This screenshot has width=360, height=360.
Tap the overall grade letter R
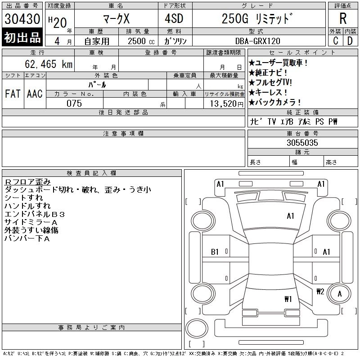[342, 19]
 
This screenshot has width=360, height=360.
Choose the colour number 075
[74, 103]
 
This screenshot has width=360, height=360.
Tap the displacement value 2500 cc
[141, 40]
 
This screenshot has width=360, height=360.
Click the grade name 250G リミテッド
[257, 19]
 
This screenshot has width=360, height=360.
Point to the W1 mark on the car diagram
[288, 299]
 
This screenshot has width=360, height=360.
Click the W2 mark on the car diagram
[320, 291]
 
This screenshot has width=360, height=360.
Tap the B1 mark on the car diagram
[215, 252]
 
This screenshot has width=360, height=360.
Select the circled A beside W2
[340, 294]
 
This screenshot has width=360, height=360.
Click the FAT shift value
[12, 94]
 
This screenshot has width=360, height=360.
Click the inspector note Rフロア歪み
[27, 182]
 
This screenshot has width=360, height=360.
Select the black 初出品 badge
[22, 38]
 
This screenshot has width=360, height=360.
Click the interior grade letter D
[350, 40]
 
